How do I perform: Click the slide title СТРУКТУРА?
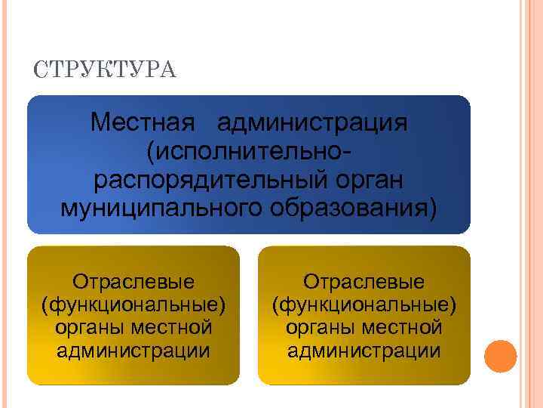(105, 71)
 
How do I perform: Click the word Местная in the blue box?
(143, 122)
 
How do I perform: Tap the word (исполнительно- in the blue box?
(248, 151)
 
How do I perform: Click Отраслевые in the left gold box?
(133, 282)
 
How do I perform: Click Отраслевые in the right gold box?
(364, 282)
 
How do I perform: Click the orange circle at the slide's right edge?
(500, 356)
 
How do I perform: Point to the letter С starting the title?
(39, 71)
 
